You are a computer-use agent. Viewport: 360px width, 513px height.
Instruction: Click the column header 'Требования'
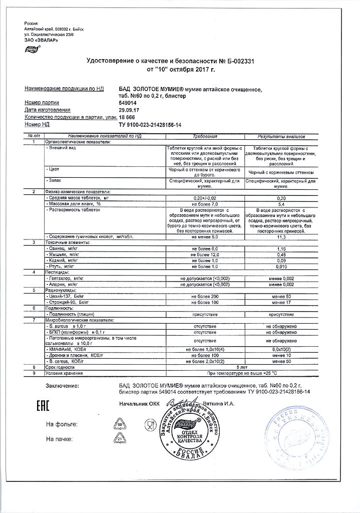click(x=204, y=136)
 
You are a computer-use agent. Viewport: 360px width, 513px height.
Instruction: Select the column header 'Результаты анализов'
click(x=281, y=136)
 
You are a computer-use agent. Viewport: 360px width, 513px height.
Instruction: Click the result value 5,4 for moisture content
click(x=281, y=204)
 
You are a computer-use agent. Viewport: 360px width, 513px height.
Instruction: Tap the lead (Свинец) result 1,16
click(x=281, y=248)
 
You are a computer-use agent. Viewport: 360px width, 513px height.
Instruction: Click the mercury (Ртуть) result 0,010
click(x=281, y=267)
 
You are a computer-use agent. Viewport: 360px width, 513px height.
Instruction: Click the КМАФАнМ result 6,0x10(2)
click(x=281, y=348)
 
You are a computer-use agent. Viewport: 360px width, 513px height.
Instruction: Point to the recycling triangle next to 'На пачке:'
click(x=120, y=439)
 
